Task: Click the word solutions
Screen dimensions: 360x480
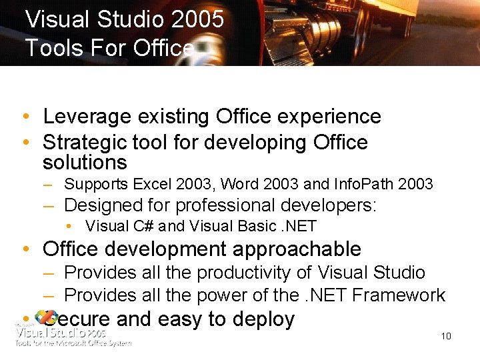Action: pos(85,162)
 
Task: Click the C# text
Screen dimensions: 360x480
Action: pos(145,226)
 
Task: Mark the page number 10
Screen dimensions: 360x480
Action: pos(446,336)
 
